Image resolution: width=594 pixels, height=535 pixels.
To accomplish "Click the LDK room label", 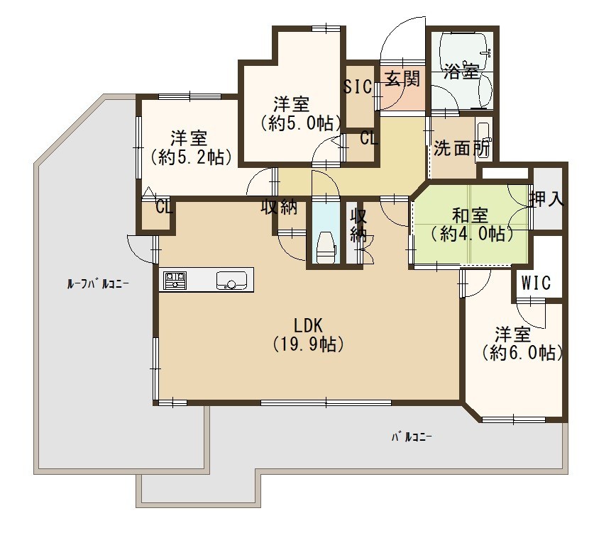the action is pos(308,325).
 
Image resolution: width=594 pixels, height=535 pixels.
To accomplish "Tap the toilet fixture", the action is pos(326,247).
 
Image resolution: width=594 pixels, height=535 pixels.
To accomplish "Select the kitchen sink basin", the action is pos(231,281).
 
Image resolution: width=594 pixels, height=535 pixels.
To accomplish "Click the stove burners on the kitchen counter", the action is pos(175,281).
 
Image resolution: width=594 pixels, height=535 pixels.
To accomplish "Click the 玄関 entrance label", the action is pos(402,79).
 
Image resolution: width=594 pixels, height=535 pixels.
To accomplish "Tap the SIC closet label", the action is pos(358,86).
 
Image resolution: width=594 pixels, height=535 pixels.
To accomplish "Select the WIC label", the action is pos(536,283).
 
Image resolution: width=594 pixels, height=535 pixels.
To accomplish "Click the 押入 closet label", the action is pos(547,199).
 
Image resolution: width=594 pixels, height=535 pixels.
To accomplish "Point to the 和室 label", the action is pos(470,216).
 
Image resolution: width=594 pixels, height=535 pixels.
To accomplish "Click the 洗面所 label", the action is pos(461,148).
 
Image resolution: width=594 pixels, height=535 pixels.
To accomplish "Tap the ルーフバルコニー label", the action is pos(98,283).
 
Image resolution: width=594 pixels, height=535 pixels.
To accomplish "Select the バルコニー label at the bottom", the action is pos(412,438).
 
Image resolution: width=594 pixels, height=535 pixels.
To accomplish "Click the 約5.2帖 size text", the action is pos(191,157).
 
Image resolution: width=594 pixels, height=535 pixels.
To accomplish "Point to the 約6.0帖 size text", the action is pos(522,354).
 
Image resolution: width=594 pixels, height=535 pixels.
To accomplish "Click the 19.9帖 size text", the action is pos(309,344).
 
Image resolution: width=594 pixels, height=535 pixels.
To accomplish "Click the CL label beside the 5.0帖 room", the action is pos(369,138).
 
